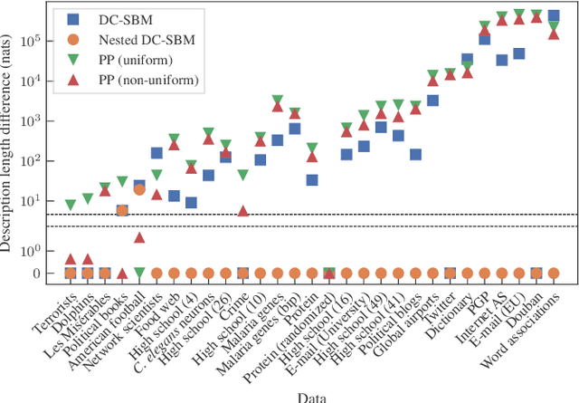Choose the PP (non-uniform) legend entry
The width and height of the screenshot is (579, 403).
pyautogui.click(x=137, y=81)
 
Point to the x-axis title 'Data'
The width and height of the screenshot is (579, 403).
pyautogui.click(x=312, y=396)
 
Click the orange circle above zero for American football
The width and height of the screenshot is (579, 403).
pyautogui.click(x=139, y=190)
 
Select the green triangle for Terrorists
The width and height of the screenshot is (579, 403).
pyautogui.click(x=71, y=206)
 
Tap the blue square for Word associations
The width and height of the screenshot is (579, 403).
pyautogui.click(x=554, y=15)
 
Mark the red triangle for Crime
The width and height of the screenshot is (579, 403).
pyautogui.click(x=243, y=211)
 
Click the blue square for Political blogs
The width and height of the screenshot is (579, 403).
pyautogui.click(x=415, y=155)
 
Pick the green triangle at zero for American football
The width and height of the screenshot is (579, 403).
pyautogui.click(x=139, y=273)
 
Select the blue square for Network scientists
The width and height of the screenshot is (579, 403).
pyautogui.click(x=157, y=153)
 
